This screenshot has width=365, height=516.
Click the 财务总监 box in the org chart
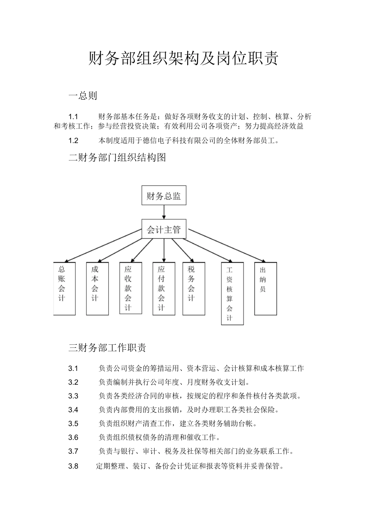tap(164, 196)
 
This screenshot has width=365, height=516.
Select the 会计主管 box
tap(164, 230)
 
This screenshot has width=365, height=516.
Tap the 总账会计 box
tap(64, 288)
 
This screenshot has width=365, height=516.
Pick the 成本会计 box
tap(97, 288)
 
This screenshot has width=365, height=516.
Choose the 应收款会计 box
tap(131, 288)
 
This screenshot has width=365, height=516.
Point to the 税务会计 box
tap(194, 288)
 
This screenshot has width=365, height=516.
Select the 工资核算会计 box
tap(232, 293)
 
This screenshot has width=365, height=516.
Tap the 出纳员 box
tap(265, 288)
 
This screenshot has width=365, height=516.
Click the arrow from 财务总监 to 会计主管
tap(164, 212)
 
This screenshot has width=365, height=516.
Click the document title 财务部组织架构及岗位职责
tap(183, 58)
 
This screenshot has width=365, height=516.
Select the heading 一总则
tap(83, 96)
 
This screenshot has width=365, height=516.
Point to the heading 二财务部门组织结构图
tap(117, 157)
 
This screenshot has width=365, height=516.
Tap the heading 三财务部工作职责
tap(107, 348)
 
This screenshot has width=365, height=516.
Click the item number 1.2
tap(73, 141)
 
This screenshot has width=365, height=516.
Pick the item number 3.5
tap(73, 423)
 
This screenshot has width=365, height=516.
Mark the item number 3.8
tap(73, 466)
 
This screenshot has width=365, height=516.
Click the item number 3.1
tap(73, 369)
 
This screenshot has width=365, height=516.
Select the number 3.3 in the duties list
tap(73, 396)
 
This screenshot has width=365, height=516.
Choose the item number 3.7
tap(73, 451)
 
